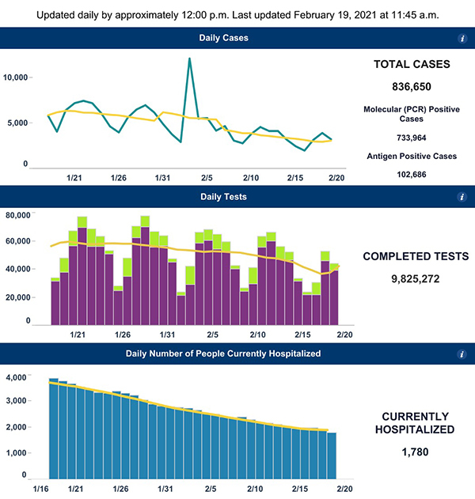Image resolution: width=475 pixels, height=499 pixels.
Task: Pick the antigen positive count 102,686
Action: (411, 172)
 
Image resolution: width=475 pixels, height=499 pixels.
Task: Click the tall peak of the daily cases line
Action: (190, 59)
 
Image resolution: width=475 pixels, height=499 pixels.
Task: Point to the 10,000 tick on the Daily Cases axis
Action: (16, 77)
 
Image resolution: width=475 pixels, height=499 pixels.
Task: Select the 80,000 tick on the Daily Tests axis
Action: (17, 215)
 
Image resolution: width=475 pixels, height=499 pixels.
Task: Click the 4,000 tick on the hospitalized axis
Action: (17, 378)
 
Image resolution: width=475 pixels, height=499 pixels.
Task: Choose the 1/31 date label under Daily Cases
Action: (165, 177)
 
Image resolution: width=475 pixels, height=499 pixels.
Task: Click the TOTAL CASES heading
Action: (411, 64)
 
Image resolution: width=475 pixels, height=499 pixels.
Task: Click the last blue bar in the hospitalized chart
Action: (331, 456)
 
